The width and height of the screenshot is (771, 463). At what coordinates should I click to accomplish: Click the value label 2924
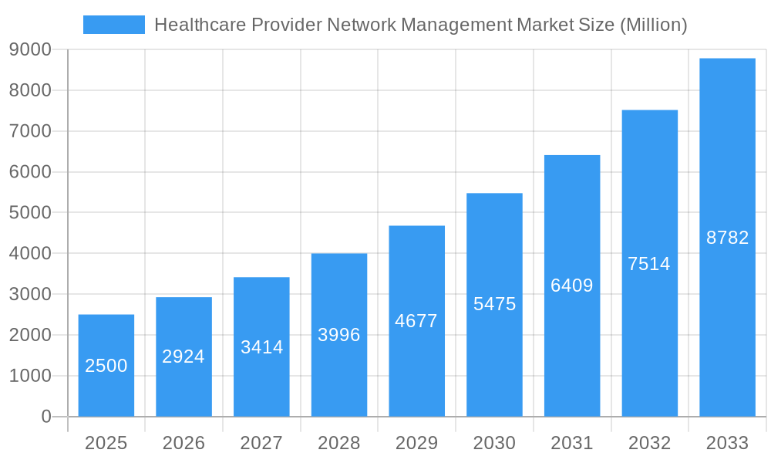[183, 357]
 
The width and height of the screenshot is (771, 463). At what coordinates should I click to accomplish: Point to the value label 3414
[261, 347]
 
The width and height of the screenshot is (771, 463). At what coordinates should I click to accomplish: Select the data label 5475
[494, 304]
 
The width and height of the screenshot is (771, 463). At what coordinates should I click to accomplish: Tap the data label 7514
[649, 264]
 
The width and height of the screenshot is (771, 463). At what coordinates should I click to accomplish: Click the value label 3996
[339, 335]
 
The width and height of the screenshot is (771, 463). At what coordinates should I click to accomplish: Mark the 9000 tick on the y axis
[30, 50]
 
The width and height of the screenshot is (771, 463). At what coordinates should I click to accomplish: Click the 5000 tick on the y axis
[30, 213]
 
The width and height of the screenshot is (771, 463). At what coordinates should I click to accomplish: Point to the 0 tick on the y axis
[46, 417]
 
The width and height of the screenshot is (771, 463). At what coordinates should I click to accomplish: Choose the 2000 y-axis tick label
[30, 335]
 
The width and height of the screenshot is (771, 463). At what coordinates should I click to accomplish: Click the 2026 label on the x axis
[183, 443]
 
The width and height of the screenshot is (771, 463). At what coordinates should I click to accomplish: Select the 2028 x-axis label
[339, 443]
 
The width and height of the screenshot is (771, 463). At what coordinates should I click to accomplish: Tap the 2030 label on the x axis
[494, 443]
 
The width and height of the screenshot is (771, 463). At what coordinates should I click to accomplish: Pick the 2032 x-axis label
[649, 443]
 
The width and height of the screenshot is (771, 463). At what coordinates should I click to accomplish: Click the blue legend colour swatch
[114, 25]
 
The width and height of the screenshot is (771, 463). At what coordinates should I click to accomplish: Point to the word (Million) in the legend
[653, 25]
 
